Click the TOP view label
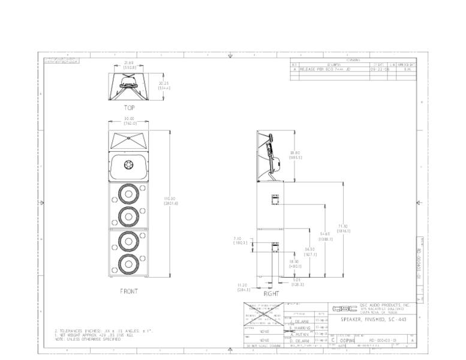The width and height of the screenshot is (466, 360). click(129, 108)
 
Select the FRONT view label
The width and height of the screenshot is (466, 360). click(129, 291)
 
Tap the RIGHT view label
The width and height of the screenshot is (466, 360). click(271, 294)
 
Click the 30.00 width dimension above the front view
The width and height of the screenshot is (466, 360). click(129, 121)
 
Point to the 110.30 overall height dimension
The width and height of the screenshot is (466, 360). click(169, 201)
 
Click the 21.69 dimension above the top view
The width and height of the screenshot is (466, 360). click(129, 65)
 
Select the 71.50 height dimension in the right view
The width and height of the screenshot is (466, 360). click(343, 228)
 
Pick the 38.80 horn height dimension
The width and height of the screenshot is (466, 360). click(296, 155)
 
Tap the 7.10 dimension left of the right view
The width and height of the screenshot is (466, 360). click(240, 241)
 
